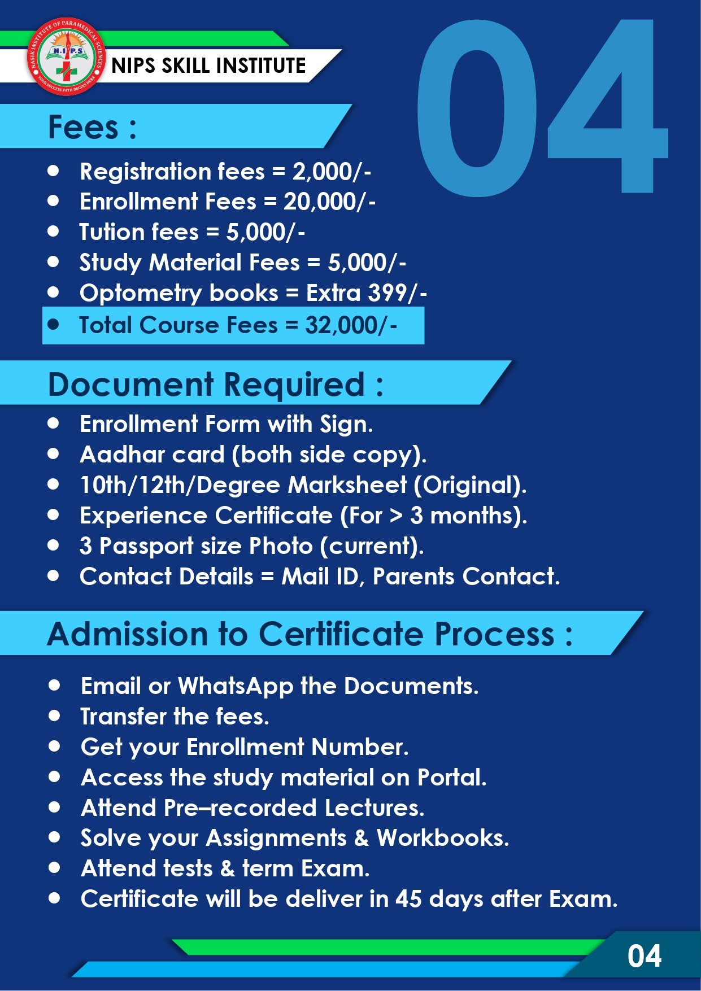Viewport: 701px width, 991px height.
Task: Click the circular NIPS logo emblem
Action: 67,56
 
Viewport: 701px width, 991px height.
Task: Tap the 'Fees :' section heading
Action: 92,127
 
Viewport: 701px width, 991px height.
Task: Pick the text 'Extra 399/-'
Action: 366,293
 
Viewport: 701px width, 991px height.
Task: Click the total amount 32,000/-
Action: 351,325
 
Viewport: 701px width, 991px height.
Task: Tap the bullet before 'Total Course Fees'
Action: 54,324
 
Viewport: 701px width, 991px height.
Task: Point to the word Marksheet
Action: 347,485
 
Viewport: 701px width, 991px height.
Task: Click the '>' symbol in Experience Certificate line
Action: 395,516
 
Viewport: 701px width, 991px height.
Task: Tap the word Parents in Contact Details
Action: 413,577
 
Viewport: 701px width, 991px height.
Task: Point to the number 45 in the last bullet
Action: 408,899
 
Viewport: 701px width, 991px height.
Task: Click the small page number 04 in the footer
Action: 644,957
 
